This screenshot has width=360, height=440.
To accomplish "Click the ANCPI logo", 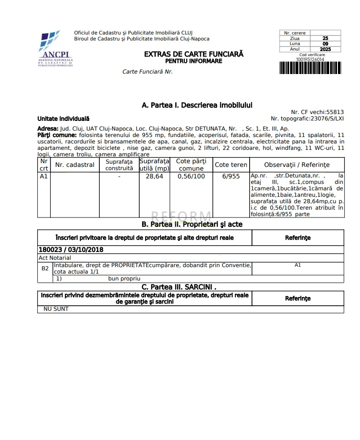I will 56,48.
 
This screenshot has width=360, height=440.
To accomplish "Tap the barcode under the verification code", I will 310,68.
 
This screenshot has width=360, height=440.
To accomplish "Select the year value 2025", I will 325,49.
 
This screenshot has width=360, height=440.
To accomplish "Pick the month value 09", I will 325,44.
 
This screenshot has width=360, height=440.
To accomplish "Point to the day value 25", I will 325,39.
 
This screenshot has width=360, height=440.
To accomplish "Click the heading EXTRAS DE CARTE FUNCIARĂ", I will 194,54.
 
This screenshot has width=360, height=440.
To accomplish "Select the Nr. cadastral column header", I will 74,165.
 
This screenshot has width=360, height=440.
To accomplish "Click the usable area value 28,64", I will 154,177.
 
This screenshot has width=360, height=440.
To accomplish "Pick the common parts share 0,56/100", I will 191,177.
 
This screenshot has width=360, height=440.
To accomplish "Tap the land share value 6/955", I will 231,177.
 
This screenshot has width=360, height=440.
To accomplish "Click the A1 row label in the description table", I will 44,177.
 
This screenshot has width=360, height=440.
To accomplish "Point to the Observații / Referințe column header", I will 297,165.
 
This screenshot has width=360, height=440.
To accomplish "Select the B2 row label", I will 45,268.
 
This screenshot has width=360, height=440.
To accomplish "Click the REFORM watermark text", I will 181,217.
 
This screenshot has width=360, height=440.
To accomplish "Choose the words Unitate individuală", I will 63,119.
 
